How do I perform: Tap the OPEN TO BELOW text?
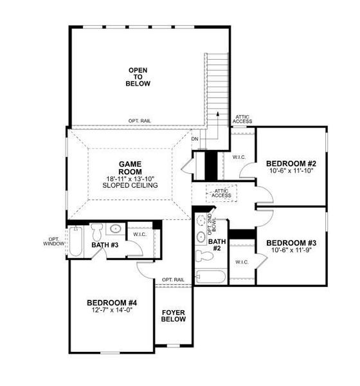(138, 77)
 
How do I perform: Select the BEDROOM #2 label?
(291, 164)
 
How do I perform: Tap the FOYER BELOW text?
(174, 315)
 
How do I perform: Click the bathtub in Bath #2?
(211, 279)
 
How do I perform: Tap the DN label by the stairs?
(195, 139)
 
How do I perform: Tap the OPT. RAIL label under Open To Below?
(139, 121)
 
